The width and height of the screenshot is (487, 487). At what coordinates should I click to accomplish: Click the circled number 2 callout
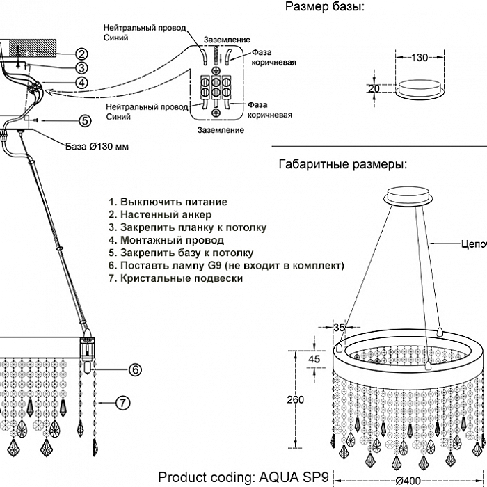81,54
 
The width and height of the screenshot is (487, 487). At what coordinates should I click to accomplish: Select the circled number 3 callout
81,67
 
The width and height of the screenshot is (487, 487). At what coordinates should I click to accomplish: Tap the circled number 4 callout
81,83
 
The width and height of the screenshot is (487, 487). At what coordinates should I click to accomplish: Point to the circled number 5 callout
85,120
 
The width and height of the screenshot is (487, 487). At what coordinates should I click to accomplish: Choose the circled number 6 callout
135,369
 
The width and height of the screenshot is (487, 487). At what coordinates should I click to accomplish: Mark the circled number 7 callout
122,403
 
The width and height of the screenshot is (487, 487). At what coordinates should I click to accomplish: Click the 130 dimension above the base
420,58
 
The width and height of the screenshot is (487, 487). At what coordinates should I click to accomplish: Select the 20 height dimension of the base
374,89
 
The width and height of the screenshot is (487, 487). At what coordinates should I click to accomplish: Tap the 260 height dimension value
296,399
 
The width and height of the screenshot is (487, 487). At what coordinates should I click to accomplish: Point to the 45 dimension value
314,359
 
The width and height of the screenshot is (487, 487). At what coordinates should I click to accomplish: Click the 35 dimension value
340,328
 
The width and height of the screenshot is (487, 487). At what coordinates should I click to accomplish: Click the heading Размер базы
325,6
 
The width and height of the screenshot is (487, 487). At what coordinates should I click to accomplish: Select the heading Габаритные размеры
342,164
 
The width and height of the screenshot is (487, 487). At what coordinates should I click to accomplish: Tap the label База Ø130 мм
97,146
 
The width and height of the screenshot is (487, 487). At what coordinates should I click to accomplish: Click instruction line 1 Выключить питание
168,202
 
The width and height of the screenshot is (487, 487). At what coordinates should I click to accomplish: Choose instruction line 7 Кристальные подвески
176,278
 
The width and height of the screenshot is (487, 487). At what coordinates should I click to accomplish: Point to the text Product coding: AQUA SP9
243,477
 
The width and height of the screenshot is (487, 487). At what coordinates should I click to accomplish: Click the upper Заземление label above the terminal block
227,40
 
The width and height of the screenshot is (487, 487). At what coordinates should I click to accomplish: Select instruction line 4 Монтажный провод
166,240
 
